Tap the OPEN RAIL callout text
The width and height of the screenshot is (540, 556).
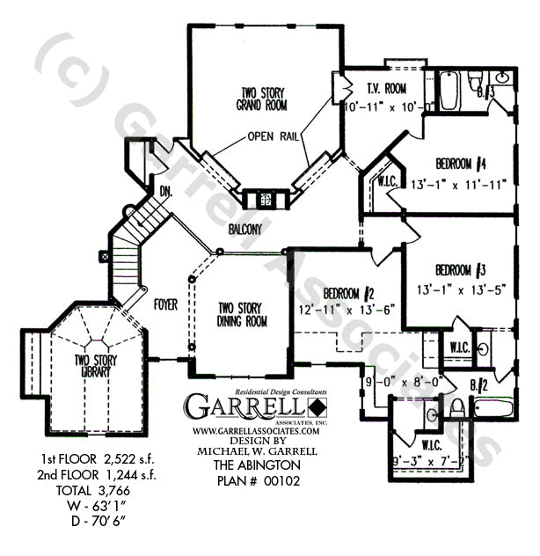pyautogui.click(x=270, y=136)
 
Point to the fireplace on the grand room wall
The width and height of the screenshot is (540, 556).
pyautogui.click(x=261, y=198)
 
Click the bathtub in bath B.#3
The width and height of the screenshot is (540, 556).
pyautogui.click(x=448, y=90)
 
